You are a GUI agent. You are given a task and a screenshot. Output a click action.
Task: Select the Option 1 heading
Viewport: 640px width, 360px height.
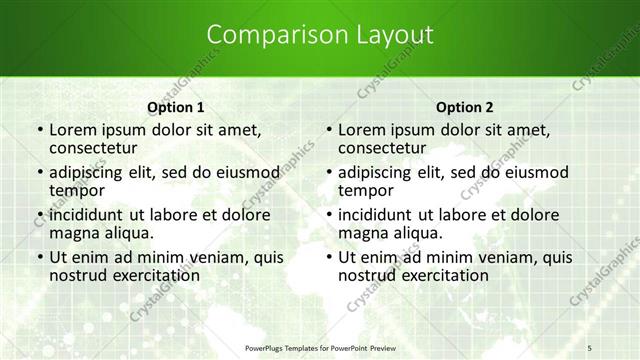[x=176, y=107]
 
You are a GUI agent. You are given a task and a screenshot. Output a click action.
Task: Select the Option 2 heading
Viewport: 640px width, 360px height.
[x=465, y=107]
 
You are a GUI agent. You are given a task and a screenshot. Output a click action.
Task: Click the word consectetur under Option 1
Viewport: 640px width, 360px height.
[x=99, y=148]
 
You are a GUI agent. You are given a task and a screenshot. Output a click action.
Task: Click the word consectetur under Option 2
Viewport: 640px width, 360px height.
[x=388, y=148]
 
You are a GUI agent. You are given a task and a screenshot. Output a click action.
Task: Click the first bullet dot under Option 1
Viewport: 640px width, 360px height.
[x=39, y=131]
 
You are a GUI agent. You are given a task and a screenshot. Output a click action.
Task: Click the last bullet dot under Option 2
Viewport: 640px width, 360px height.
[x=328, y=258]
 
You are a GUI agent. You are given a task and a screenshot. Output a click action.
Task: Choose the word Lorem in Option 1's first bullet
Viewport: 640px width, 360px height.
[x=72, y=130]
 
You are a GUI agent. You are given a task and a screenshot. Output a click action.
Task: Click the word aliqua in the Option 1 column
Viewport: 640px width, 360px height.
[x=127, y=233]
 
